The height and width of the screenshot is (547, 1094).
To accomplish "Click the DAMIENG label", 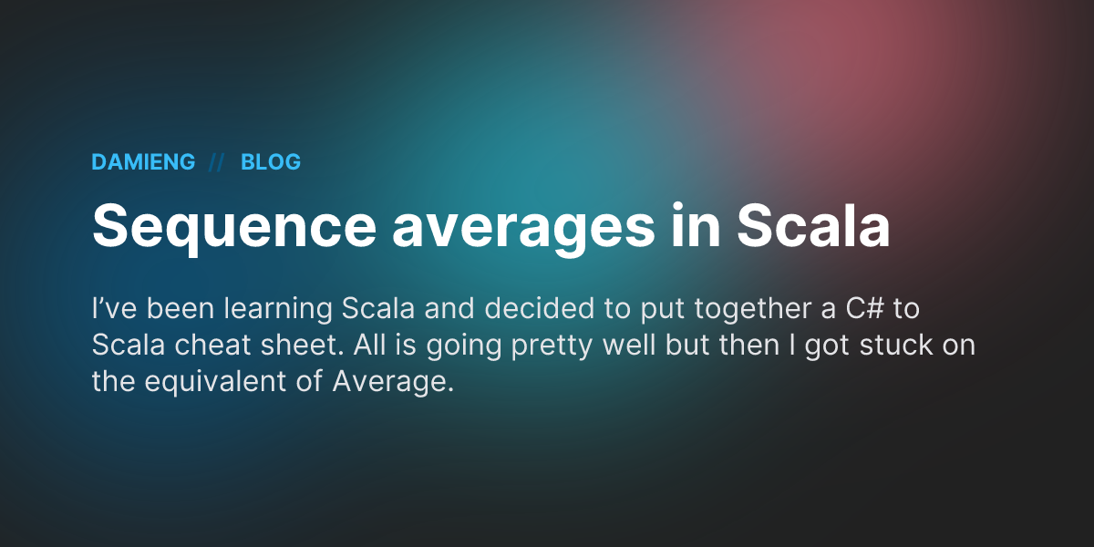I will pyautogui.click(x=143, y=162).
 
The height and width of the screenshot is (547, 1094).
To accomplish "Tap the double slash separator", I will pyautogui.click(x=217, y=162).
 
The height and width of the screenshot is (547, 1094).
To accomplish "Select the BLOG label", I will pyautogui.click(x=271, y=162).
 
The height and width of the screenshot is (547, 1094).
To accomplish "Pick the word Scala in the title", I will pyautogui.click(x=813, y=224).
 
